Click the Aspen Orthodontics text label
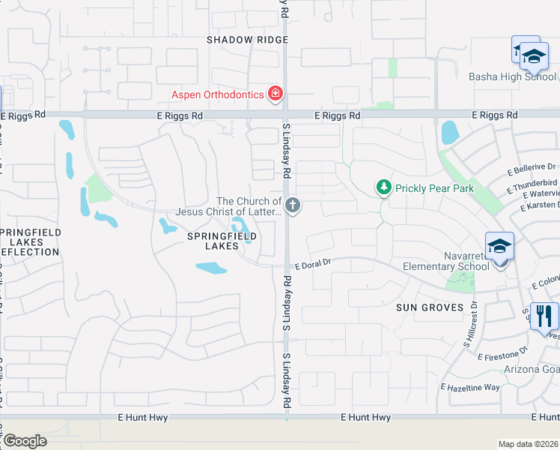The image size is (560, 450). [x=218, y=94]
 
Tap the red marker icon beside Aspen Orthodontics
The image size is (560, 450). [x=276, y=94]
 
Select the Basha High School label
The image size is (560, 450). [x=513, y=76]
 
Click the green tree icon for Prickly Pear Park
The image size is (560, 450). [x=383, y=187]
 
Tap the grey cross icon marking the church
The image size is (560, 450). [x=293, y=205]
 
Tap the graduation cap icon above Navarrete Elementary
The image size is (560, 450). [x=499, y=245]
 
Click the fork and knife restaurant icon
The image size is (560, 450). [x=544, y=315]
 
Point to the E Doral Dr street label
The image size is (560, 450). [x=312, y=265]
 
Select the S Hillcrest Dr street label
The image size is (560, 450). [x=470, y=324]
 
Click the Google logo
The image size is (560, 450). [x=25, y=441]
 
